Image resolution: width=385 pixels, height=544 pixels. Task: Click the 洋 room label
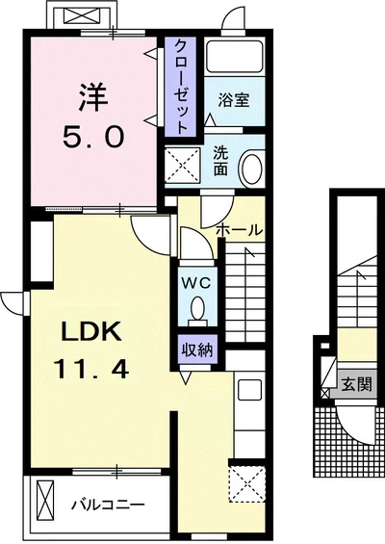coord(92,97)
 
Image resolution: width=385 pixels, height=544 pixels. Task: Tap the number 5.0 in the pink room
coord(93,137)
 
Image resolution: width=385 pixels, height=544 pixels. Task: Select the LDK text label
coord(91,331)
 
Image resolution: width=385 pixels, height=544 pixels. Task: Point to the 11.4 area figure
coord(90,369)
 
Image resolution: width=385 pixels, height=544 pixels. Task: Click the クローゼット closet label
coord(180,87)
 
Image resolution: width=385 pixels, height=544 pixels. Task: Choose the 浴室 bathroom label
coord(234,100)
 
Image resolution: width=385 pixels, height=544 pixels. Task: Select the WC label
coord(196,283)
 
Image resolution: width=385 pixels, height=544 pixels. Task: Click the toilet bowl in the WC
coord(198,309)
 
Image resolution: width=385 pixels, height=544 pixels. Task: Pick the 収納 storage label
coord(197,350)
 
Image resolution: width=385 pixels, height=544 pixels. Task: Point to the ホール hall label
coord(239,230)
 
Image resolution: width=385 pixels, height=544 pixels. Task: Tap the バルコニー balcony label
coord(108,505)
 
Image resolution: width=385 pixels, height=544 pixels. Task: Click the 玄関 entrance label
coord(357,384)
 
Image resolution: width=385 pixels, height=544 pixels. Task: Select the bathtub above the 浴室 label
coord(235,57)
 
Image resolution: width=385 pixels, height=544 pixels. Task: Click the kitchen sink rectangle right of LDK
coord(249,390)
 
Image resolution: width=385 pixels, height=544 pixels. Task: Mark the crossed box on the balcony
coord(45,499)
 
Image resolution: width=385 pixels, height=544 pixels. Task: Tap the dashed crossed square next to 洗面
coord(183,165)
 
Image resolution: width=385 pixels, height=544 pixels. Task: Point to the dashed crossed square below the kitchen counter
coord(247,483)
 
